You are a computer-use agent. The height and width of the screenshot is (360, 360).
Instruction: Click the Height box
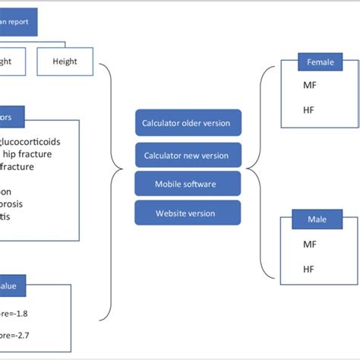click(65, 62)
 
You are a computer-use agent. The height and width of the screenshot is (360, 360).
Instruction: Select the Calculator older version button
click(187, 123)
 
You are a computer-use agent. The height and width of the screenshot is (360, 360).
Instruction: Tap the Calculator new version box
click(187, 155)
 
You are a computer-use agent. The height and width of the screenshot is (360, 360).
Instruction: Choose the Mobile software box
click(187, 183)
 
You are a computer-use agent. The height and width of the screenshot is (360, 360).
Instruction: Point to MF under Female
click(310, 86)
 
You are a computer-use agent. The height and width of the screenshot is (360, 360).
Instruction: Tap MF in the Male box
click(310, 245)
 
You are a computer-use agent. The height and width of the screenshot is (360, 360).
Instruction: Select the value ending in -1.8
click(18, 312)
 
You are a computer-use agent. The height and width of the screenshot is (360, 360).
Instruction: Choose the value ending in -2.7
click(18, 334)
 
